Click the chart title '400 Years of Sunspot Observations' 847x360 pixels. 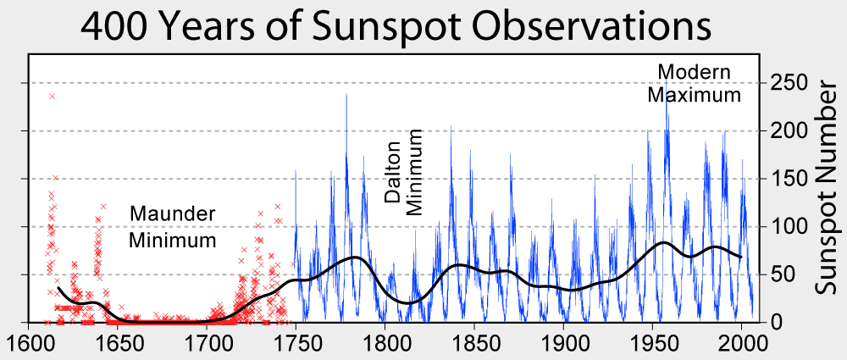point(396,27)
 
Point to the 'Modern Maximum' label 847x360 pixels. point(694,82)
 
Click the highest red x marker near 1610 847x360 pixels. point(53,97)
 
